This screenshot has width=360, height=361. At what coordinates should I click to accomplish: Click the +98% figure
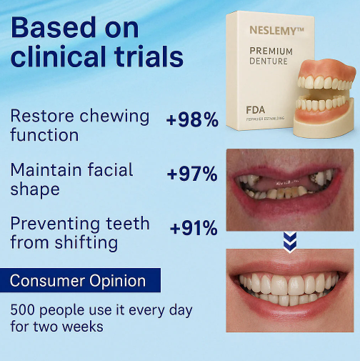(x=192, y=119)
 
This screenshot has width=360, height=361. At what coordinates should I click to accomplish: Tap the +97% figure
(x=192, y=174)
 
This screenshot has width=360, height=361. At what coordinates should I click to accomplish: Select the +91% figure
(x=194, y=229)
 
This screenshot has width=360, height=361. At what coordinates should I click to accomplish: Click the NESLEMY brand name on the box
(x=274, y=31)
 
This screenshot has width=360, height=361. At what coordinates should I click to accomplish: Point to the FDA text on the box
(x=256, y=110)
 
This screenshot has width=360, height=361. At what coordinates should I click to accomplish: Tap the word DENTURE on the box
(x=269, y=61)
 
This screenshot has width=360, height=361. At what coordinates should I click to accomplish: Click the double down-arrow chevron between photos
(x=289, y=242)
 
